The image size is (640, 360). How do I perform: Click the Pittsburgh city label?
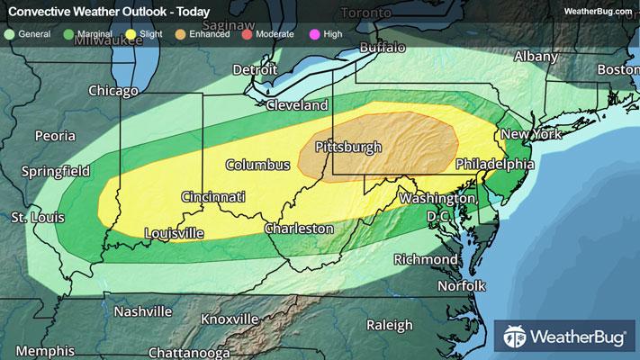coord(348,147)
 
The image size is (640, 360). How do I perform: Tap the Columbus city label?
coord(257,165)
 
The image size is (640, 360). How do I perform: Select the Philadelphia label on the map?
coord(494,165)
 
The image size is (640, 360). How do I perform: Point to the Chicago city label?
coord(113,91)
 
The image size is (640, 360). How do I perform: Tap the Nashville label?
coord(143,311)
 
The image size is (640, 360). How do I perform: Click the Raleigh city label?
coord(390,325)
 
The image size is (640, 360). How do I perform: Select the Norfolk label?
coord(462,286)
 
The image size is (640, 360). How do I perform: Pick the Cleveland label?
coord(296,105)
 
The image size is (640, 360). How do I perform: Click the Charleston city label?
coord(299,229)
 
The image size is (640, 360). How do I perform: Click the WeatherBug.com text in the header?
coord(596,11)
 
